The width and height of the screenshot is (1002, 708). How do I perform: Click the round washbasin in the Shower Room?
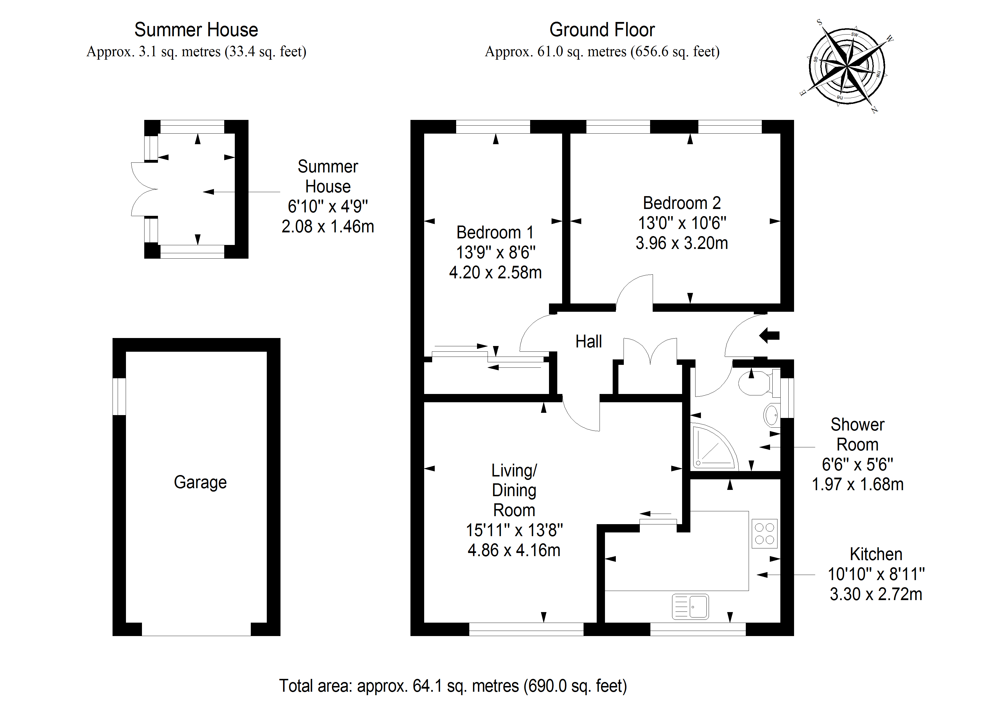coord(771,415)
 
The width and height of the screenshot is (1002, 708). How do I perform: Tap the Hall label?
coord(588,341)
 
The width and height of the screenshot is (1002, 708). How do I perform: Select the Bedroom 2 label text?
coord(682,203)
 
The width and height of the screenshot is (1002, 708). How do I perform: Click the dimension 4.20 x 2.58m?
coord(495,273)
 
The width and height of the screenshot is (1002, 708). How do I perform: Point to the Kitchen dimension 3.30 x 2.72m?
coord(876,594)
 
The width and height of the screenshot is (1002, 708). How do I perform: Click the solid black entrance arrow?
coord(769,335)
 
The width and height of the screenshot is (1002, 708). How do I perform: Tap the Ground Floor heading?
coord(602,30)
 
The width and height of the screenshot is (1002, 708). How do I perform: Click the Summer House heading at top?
coord(196,30)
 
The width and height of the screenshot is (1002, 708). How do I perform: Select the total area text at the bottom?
coord(452,686)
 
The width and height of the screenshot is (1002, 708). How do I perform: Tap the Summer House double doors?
coord(144,189)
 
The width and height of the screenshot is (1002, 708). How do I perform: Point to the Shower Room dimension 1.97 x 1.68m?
coord(857,484)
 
